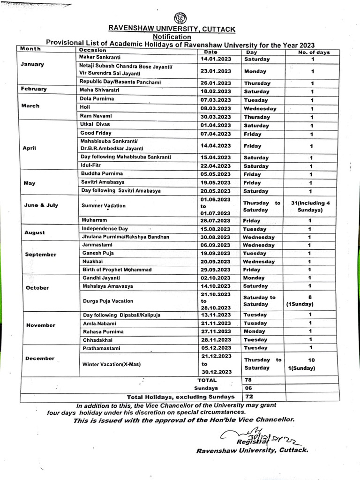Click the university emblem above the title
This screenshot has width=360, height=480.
pyautogui.click(x=180, y=19)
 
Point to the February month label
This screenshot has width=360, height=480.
pyautogui.click(x=33, y=89)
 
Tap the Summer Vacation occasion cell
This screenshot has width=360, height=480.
pyautogui.click(x=104, y=206)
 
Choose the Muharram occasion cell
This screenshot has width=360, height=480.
pyautogui.click(x=94, y=220)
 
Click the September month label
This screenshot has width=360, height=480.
pyautogui.click(x=41, y=255)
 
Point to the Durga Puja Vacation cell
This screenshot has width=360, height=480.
pyautogui.click(x=107, y=301)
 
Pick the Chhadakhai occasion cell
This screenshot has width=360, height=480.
pyautogui.click(x=97, y=340)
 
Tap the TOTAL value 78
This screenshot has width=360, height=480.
pyautogui.click(x=248, y=380)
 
